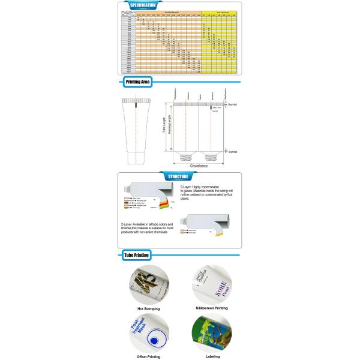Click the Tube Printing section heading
coord(136,255)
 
